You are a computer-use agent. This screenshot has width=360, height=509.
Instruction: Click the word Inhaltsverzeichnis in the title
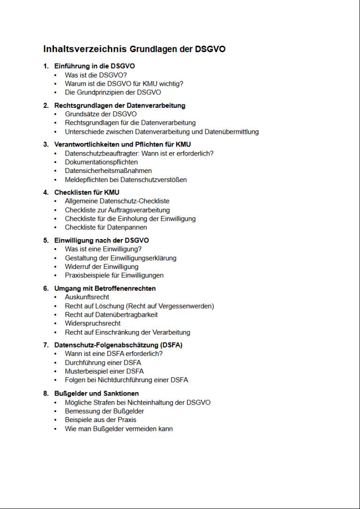point(85,49)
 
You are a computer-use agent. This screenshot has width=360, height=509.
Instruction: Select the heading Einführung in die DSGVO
point(94,66)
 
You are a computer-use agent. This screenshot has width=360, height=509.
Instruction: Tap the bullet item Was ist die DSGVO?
point(89,75)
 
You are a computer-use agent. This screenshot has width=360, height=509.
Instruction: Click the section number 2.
point(45,106)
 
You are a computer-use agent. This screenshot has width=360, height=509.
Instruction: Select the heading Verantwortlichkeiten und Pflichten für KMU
point(122,145)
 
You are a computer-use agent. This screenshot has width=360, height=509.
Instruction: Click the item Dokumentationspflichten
point(101,162)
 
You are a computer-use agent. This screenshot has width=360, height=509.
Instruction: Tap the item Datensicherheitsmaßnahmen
point(108,171)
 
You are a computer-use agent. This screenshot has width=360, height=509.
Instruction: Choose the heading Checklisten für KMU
point(87,192)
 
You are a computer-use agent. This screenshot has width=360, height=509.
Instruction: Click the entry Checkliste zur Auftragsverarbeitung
point(117,210)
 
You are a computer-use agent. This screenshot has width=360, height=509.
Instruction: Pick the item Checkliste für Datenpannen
point(106,228)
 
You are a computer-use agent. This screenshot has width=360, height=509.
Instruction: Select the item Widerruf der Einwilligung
point(101,267)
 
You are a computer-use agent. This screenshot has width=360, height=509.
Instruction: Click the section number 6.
point(45,288)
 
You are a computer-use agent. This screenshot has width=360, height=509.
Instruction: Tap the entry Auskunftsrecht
point(87,297)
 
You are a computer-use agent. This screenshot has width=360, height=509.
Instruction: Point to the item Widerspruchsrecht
point(92,324)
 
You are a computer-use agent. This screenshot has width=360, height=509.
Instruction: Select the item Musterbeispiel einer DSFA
point(104,371)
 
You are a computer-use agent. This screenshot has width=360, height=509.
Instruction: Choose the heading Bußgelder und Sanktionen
point(96,394)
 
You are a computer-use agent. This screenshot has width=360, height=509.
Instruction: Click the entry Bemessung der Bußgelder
point(104,411)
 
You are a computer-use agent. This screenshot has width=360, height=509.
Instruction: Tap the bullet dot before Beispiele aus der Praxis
point(56,420)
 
